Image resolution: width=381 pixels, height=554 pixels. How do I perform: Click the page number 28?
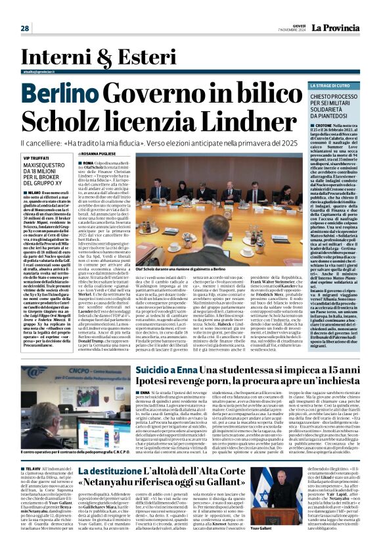(x=24, y=28)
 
